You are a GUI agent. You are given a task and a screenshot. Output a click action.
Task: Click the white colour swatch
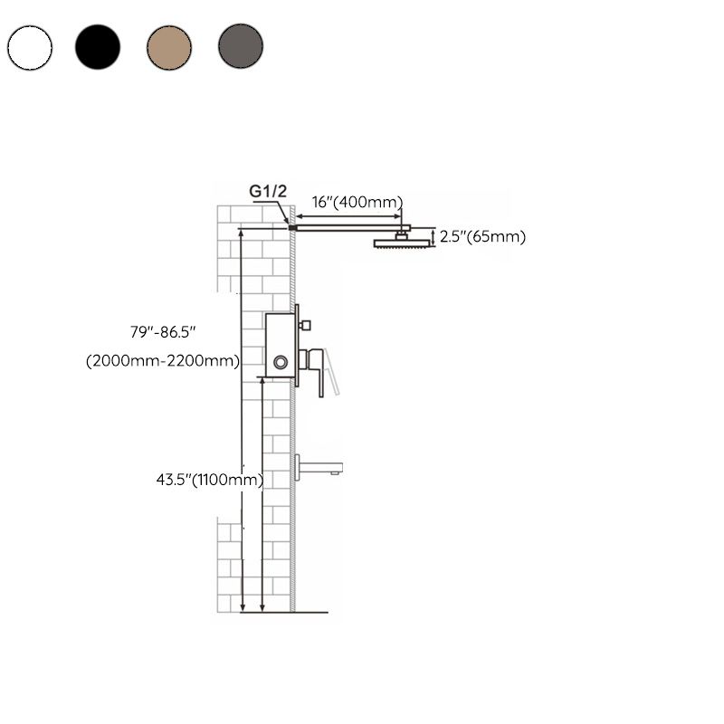[29, 47]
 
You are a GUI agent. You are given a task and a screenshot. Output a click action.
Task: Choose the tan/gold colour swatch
[169, 47]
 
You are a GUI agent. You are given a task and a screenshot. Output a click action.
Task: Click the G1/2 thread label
[268, 191]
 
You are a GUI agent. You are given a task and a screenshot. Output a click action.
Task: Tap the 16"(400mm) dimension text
[357, 202]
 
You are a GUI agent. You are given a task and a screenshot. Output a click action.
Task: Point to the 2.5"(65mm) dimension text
[483, 237]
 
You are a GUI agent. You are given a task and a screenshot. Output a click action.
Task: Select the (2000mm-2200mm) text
[163, 361]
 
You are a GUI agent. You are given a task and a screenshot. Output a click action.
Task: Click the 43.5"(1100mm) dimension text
[209, 480]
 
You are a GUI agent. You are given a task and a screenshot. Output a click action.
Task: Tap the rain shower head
[399, 243]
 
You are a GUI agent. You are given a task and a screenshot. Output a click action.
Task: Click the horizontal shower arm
[348, 228]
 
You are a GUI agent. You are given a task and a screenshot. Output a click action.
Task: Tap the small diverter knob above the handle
[305, 324]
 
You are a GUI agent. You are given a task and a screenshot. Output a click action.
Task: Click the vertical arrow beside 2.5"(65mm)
[433, 237]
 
